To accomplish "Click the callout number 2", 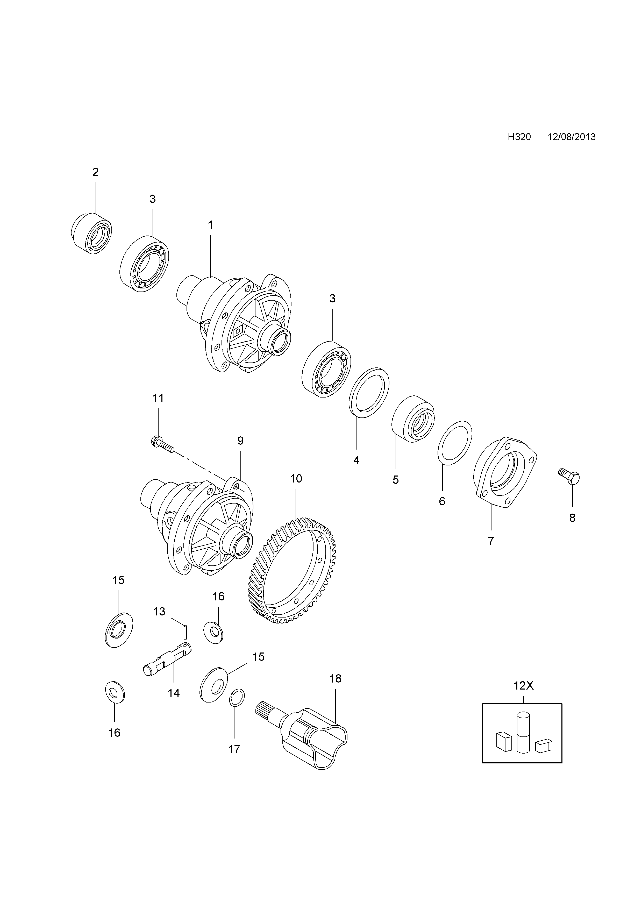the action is click(95, 172).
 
